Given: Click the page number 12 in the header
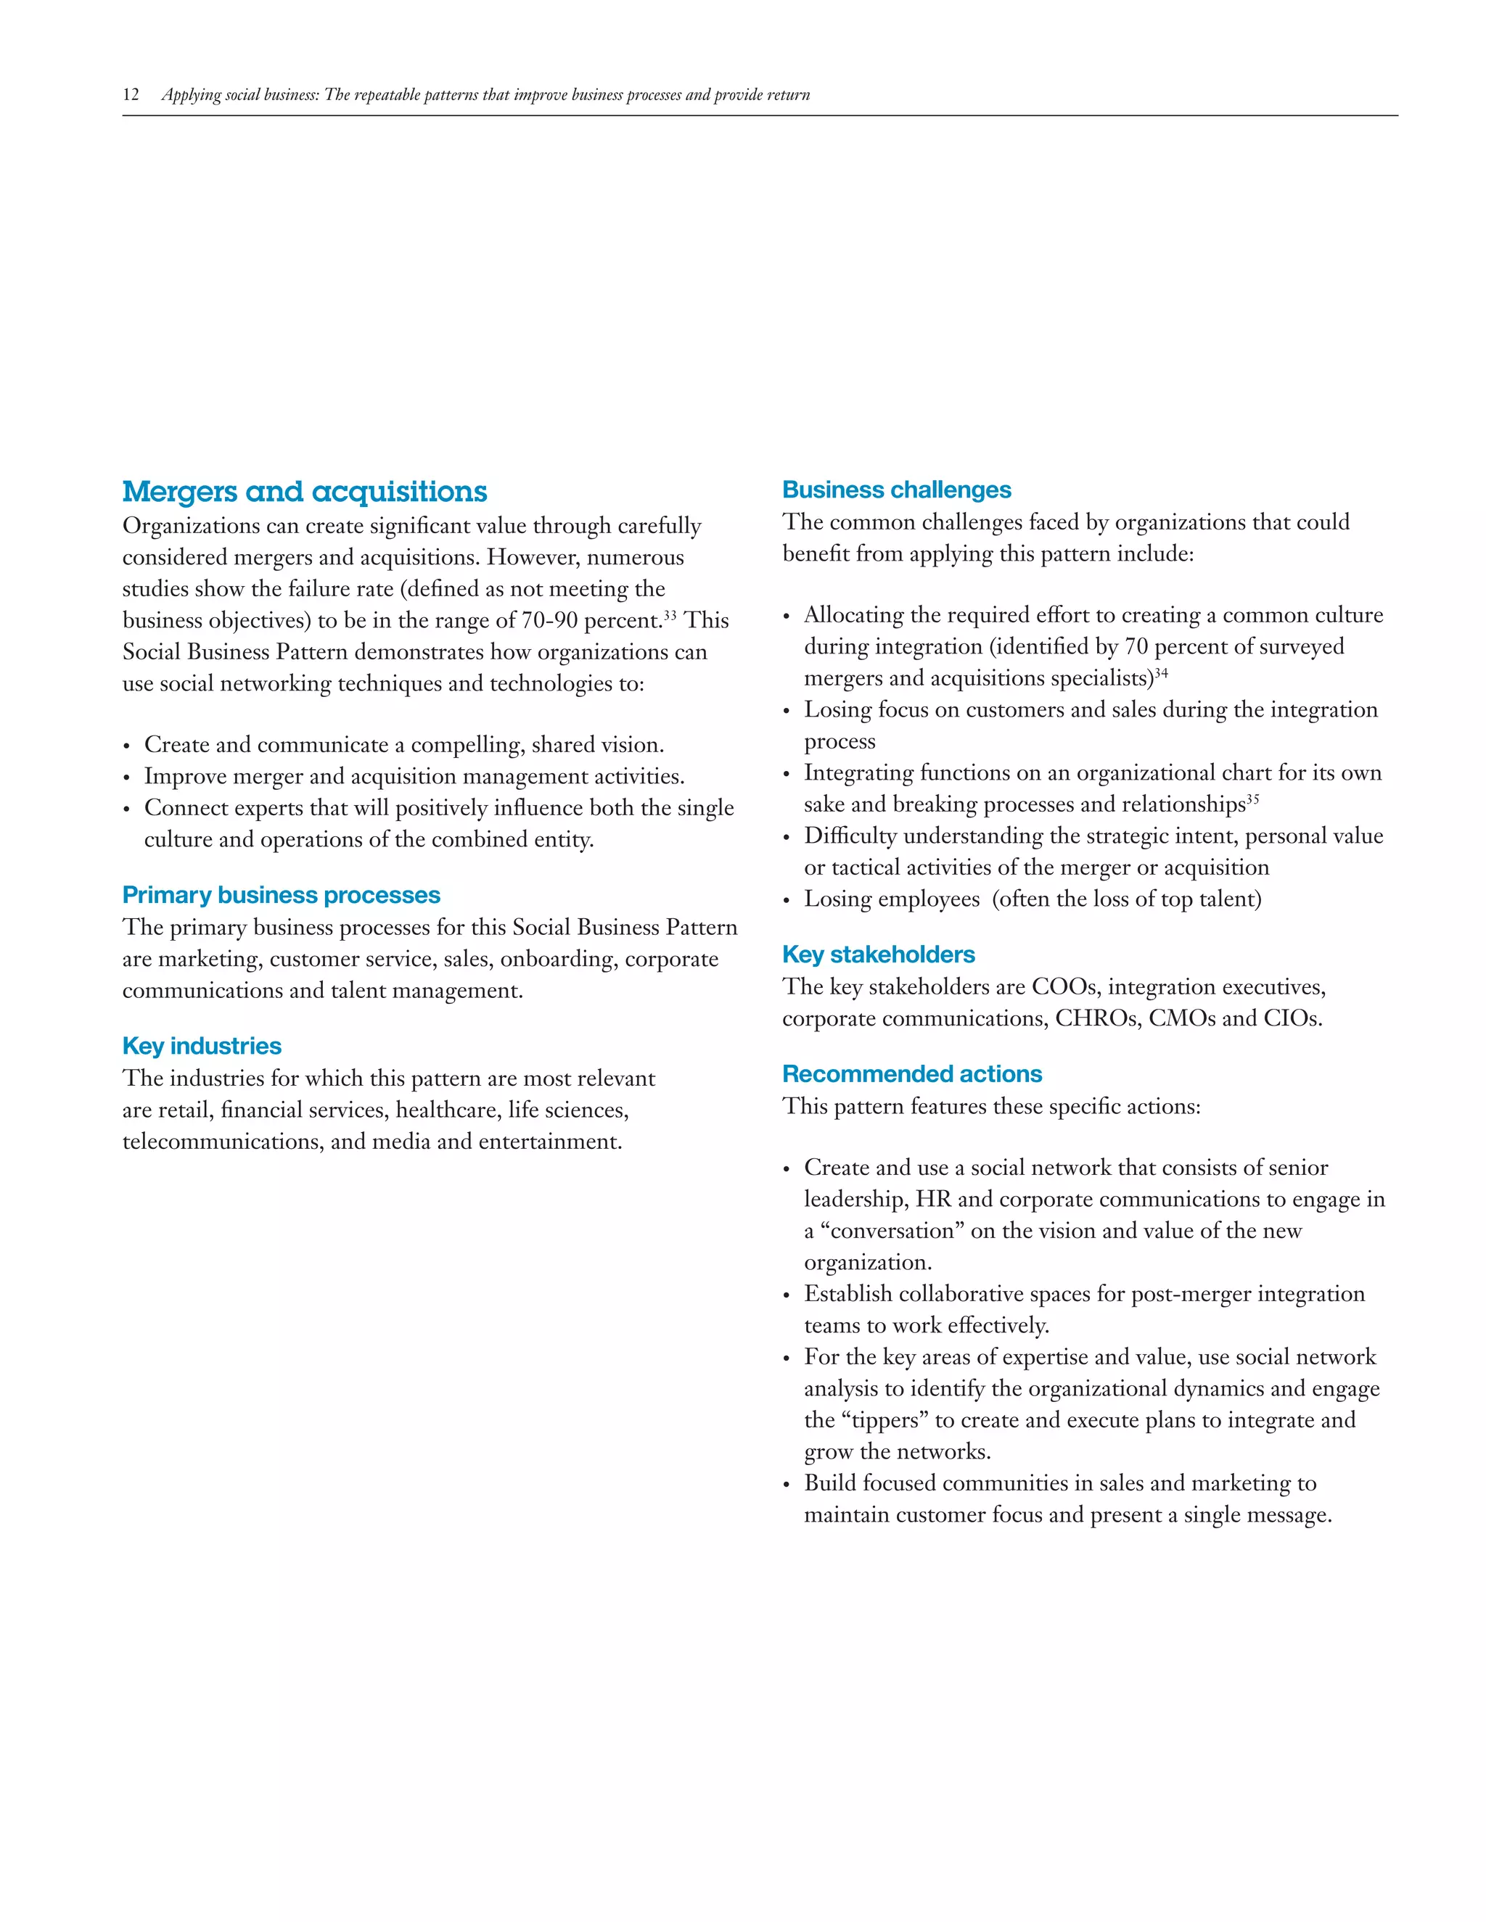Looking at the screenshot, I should click(x=131, y=95).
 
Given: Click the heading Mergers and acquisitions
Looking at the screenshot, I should click(x=304, y=491).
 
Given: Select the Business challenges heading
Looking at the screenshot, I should click(x=896, y=490).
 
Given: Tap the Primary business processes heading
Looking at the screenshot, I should click(x=281, y=895).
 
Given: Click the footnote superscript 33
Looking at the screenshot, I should click(x=670, y=614).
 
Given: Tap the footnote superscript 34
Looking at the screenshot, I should click(x=1161, y=672).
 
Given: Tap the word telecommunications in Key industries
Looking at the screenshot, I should click(x=223, y=1142).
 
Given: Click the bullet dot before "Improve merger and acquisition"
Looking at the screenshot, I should click(x=127, y=778).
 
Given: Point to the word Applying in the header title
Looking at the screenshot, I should click(x=190, y=95).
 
